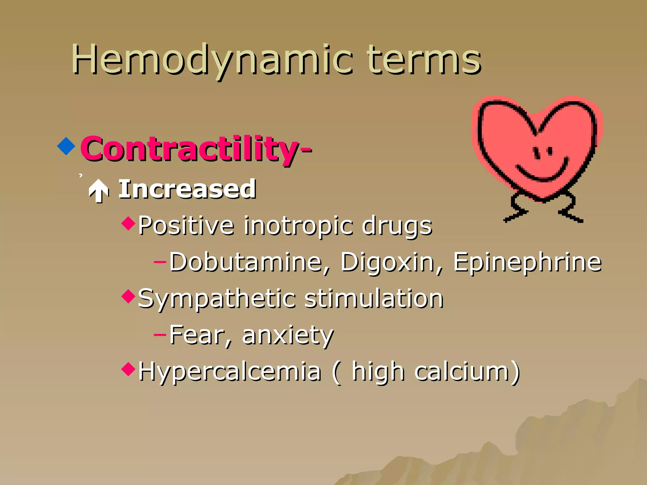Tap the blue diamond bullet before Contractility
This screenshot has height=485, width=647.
click(x=66, y=146)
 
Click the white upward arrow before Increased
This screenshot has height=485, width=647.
click(x=99, y=190)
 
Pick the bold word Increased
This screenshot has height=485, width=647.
click(x=187, y=189)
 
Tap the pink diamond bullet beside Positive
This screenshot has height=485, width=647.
click(x=128, y=223)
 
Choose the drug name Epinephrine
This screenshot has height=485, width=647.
click(x=527, y=262)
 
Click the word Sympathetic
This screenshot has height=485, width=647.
click(x=217, y=299)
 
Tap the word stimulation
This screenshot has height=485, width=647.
click(x=374, y=299)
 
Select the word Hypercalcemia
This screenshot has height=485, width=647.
click(x=229, y=371)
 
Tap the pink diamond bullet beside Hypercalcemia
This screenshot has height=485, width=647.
click(x=128, y=369)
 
